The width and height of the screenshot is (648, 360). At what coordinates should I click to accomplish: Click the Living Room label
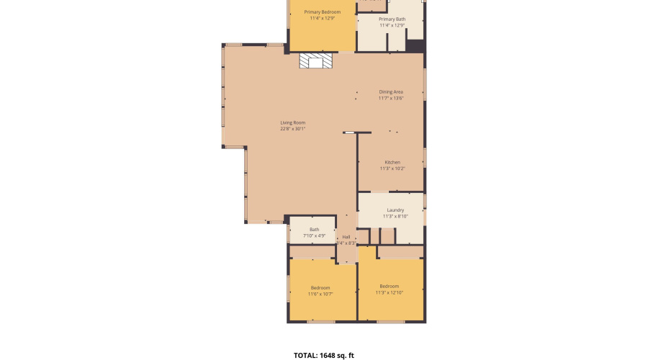point(293,123)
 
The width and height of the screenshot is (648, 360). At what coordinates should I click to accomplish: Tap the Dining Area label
point(391,92)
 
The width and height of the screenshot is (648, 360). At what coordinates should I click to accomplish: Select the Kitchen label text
point(392,163)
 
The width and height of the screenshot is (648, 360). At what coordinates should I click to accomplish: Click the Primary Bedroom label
point(322,12)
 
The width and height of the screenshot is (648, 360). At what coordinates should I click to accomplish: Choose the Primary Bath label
point(392,19)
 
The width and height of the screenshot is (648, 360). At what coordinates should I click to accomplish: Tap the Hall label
point(346,237)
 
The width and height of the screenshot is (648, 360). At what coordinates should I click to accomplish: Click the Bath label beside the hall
point(315,230)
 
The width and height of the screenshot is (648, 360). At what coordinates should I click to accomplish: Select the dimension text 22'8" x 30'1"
point(293,130)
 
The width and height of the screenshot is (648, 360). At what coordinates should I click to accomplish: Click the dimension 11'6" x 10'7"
point(321,294)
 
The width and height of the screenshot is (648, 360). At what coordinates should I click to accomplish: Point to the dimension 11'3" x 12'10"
point(390,293)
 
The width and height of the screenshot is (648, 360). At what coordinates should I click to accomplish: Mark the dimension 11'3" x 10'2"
point(392,169)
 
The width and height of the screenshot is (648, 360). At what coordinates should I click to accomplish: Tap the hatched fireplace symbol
point(317,61)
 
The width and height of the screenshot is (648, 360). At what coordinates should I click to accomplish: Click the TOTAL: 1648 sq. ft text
point(323,355)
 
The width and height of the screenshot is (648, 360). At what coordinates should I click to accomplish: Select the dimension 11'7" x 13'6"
point(391,99)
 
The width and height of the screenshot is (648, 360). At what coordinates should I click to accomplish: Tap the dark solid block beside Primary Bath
point(415,45)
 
